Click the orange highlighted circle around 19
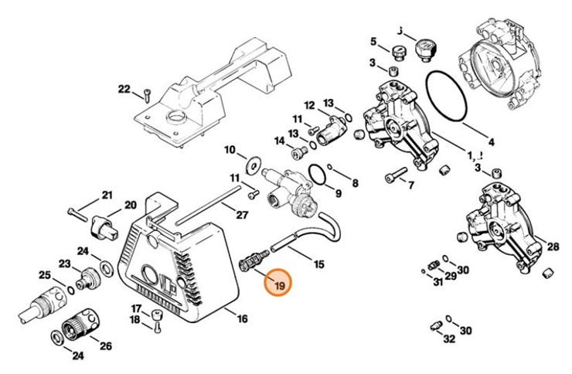coord(277,284)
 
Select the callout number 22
coord(124,90)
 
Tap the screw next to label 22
coord(145,96)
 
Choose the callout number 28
coord(553,246)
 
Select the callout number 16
coord(243,318)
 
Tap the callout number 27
coord(242,215)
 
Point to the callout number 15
coord(319,264)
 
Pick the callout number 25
coord(45,275)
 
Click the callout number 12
coord(309,105)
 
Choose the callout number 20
coord(130,205)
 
